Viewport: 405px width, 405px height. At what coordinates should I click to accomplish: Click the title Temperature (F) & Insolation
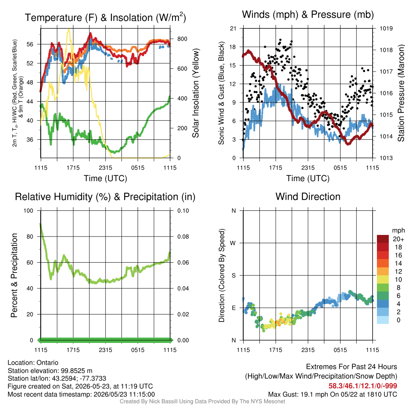pyautogui.click(x=105, y=17)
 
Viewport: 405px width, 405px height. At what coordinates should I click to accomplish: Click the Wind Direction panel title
pyautogui.click(x=308, y=197)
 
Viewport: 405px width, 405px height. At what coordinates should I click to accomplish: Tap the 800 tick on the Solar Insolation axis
pyautogui.click(x=182, y=39)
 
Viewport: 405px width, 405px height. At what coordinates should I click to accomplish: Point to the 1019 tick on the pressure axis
pyautogui.click(x=386, y=28)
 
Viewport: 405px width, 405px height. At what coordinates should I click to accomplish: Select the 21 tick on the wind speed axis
pyautogui.click(x=233, y=28)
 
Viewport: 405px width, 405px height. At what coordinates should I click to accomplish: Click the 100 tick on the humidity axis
pyautogui.click(x=28, y=210)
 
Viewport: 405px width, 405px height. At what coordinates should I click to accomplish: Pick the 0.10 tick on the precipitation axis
pyautogui.click(x=183, y=210)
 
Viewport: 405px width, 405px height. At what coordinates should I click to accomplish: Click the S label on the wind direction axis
pyautogui.click(x=233, y=275)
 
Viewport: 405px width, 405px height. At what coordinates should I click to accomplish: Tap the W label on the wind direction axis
pyautogui.click(x=233, y=243)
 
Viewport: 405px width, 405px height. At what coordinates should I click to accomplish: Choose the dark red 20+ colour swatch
pyautogui.click(x=383, y=239)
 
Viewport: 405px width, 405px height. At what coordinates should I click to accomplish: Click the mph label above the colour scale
pyautogui.click(x=398, y=231)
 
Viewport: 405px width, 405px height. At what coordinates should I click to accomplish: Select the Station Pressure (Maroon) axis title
pyautogui.click(x=401, y=93)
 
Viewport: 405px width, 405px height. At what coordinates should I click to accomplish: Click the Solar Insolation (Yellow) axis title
pyautogui.click(x=195, y=93)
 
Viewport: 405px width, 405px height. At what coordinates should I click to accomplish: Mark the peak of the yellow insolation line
pyautogui.click(x=68, y=29)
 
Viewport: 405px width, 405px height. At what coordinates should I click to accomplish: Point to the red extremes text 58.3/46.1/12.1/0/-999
pyautogui.click(x=363, y=386)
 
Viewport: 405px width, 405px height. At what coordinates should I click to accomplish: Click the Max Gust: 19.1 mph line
pyautogui.click(x=332, y=394)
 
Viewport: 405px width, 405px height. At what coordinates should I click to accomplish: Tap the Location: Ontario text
pyautogui.click(x=33, y=363)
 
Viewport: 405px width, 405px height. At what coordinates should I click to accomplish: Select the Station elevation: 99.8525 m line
pyautogui.click(x=50, y=371)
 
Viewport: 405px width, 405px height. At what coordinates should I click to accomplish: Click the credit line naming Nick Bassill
pyautogui.click(x=202, y=401)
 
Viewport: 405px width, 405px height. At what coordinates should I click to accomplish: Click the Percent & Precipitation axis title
pyautogui.click(x=14, y=275)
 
